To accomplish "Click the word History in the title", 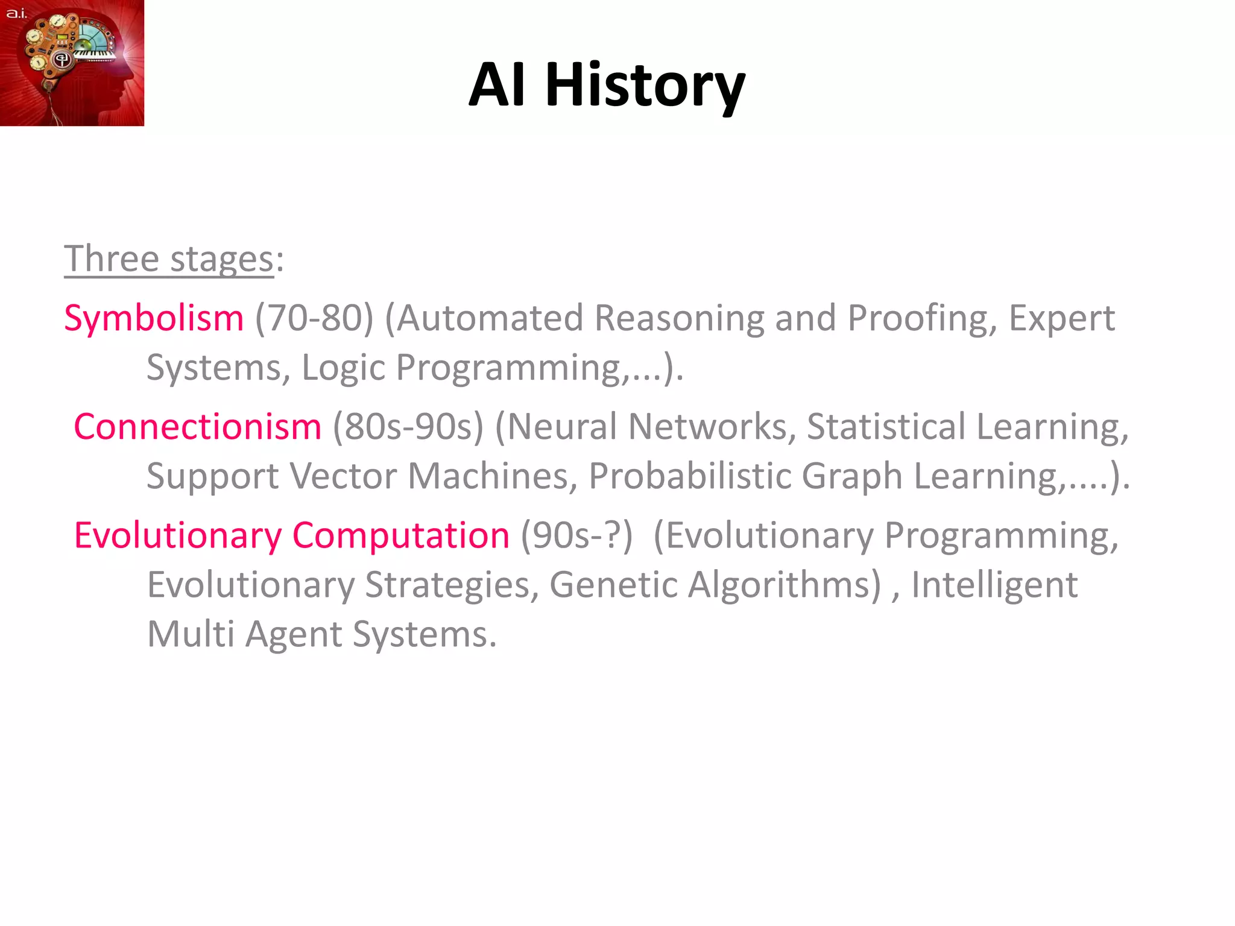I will point(645,86).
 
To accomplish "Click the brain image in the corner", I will point(72,63).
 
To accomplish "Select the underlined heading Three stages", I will point(169,259).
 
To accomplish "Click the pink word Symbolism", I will point(154,318).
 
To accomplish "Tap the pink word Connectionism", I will point(198,427).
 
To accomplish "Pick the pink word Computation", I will point(401,535).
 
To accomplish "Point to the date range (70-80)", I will point(314,318).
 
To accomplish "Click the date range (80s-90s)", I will point(408,427).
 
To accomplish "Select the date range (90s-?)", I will point(576,535).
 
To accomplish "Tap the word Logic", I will point(343,367).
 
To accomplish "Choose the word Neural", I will point(562,427).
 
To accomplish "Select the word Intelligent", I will point(994,585).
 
